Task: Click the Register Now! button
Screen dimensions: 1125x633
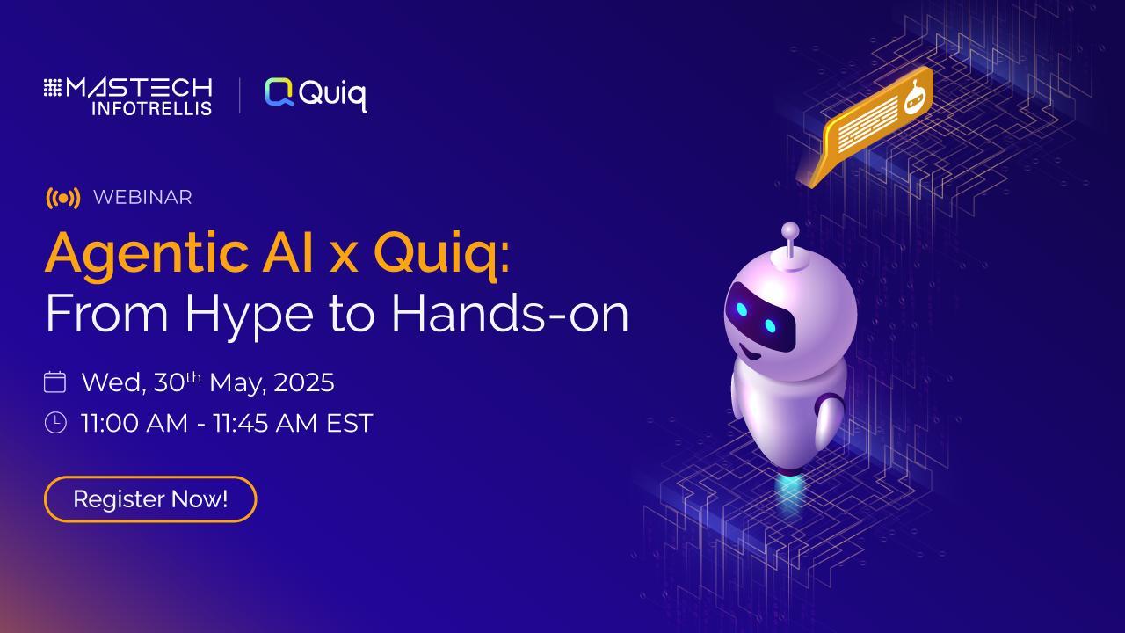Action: [x=150, y=498]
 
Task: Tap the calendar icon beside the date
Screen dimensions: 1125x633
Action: [x=54, y=382]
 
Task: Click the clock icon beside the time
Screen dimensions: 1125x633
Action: [x=55, y=423]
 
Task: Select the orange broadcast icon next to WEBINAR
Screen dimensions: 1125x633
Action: [x=62, y=198]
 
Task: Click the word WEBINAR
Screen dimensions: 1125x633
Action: [x=142, y=198]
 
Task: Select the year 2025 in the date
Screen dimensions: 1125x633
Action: [x=304, y=382]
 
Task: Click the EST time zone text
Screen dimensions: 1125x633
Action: [x=350, y=423]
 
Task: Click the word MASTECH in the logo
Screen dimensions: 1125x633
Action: [x=139, y=88]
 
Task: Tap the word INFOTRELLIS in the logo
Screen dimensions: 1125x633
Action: [x=152, y=108]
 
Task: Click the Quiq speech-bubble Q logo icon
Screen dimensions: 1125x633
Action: [x=279, y=92]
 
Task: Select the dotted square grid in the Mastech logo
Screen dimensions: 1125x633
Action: [x=52, y=87]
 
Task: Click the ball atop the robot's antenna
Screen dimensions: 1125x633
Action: [x=790, y=231]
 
